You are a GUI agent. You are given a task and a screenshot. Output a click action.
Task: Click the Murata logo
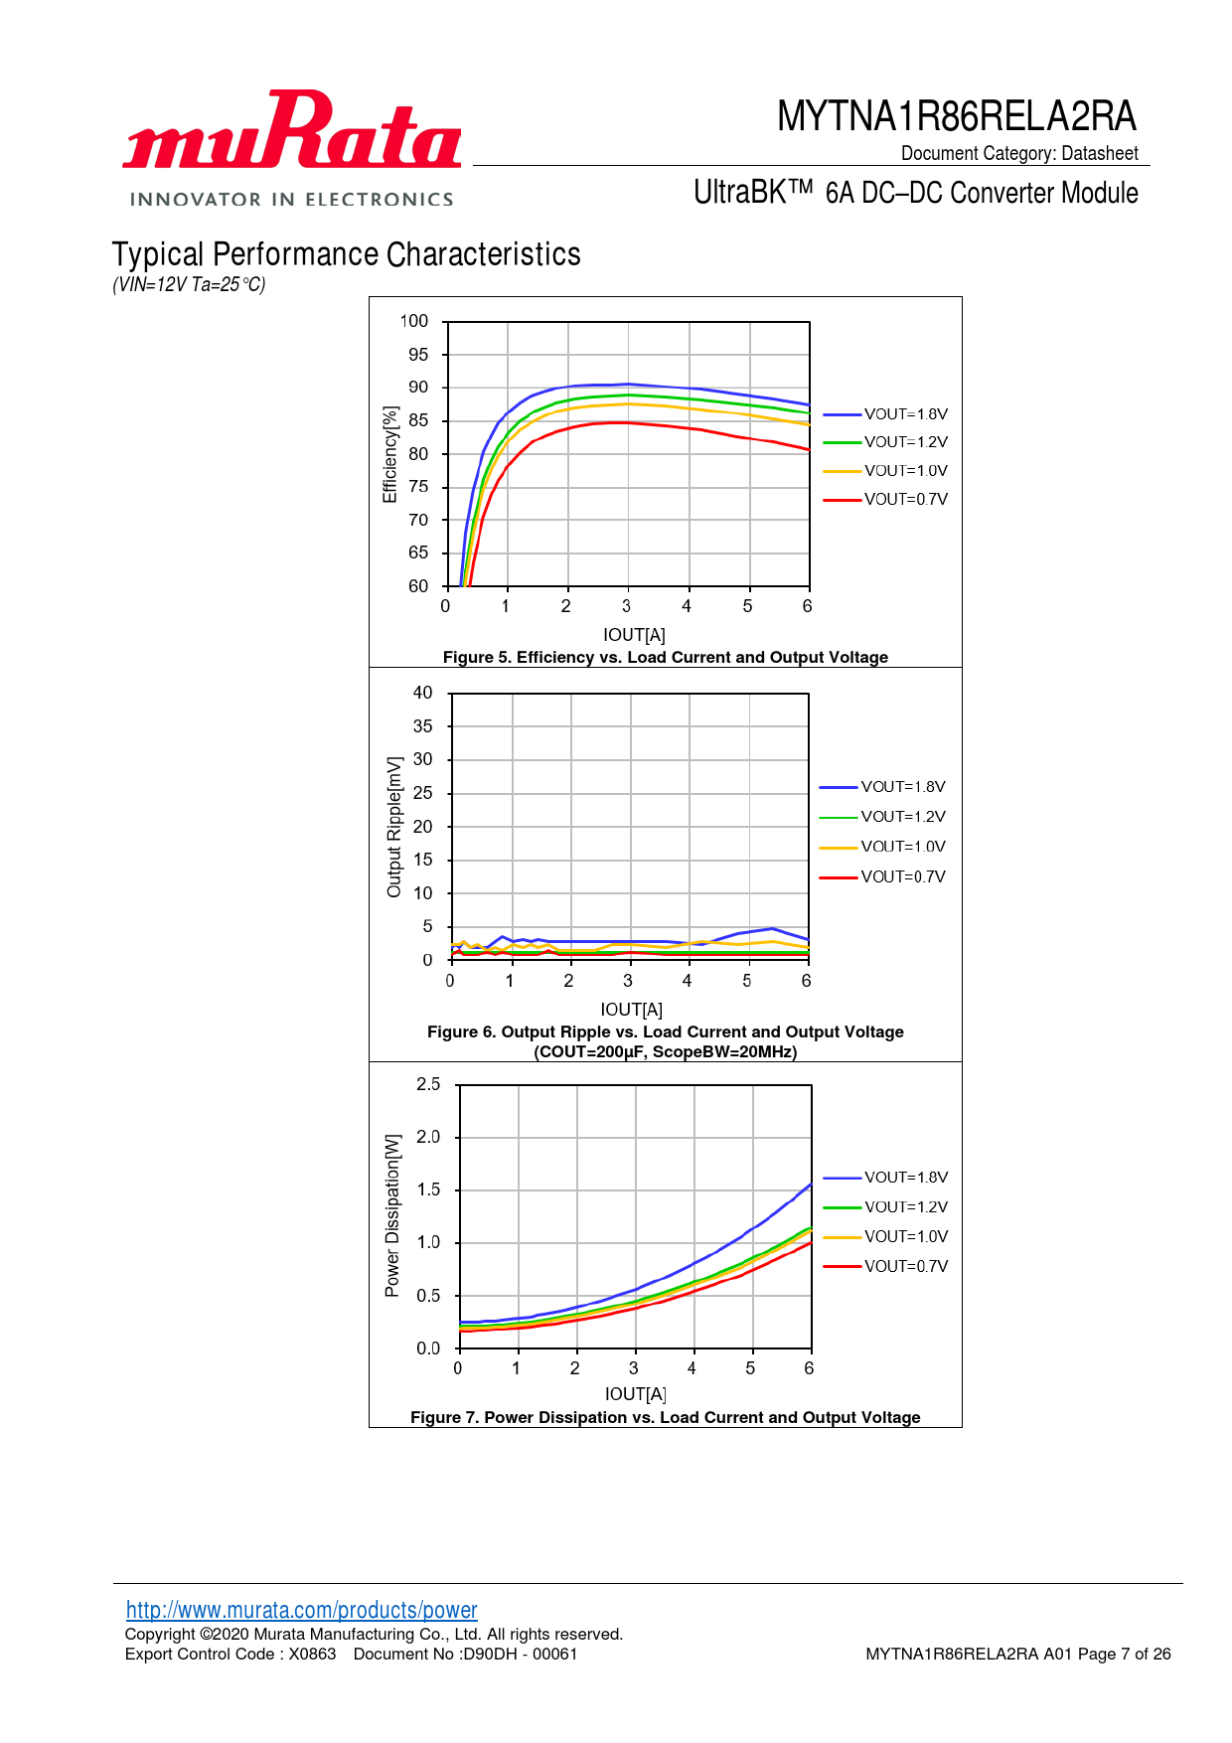coord(291,147)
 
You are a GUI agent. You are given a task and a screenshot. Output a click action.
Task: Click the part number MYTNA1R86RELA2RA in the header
coord(956,116)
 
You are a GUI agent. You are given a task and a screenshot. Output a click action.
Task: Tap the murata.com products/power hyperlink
coord(301,1610)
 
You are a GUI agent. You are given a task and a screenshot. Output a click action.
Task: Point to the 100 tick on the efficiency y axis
coord(414,321)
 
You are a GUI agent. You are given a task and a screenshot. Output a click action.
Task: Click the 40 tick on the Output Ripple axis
coord(423,693)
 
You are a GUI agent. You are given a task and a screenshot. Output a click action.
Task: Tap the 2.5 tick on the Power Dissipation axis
coord(428,1084)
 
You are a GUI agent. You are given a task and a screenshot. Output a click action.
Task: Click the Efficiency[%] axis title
coord(390,454)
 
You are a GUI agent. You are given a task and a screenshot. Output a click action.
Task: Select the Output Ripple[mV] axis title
coord(394,827)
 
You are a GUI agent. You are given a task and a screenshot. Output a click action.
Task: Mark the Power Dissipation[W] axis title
coord(392,1215)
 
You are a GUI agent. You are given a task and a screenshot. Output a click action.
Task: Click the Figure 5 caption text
coord(665,657)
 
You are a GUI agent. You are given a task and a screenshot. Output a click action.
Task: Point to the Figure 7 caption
coord(665,1417)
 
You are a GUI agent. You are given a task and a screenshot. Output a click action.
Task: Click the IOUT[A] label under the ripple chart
coord(631,1010)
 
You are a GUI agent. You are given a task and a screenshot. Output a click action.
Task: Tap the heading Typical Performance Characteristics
coord(346,254)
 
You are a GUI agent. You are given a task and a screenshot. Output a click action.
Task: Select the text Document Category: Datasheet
coord(1019,153)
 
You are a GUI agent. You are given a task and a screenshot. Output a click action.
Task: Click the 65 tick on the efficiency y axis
coord(418,553)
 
